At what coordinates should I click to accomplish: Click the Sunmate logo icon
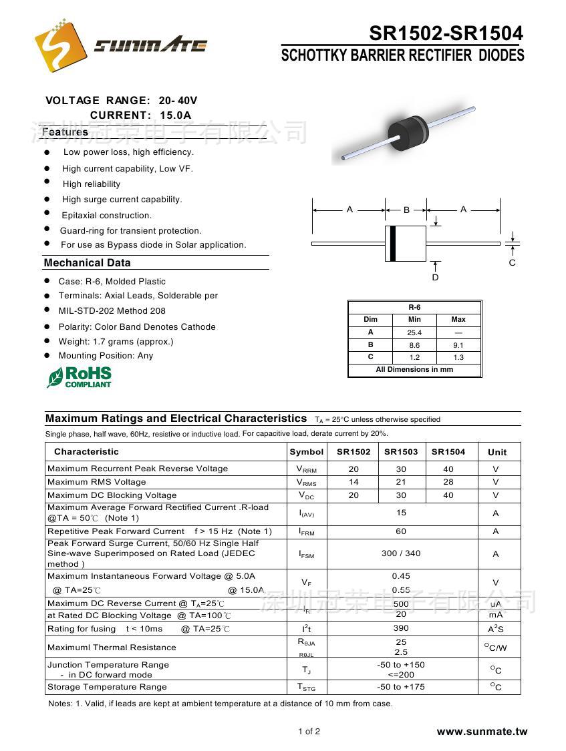coord(61,45)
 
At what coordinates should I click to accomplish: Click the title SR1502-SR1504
coord(446,33)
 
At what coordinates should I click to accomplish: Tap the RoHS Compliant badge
coord(80,377)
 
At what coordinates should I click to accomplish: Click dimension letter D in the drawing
coord(435,277)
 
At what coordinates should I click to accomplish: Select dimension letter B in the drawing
coord(406,210)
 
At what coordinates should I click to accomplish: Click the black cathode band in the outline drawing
coord(393,244)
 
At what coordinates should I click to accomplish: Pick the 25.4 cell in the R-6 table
coord(414,332)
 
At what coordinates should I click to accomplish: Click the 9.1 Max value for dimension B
coord(458,345)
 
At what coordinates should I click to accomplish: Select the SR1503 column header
coord(401,452)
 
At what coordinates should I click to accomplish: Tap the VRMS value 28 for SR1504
coord(448,482)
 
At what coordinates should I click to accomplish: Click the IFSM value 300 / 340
coord(401,553)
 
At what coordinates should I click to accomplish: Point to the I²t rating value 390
coord(401,628)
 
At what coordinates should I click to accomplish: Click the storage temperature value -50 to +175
coord(401,687)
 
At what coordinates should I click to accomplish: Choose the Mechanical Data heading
coord(88,263)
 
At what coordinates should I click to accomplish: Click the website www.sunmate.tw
coord(482,732)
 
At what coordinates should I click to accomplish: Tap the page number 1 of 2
coord(309,732)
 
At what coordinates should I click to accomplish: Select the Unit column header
coord(497,452)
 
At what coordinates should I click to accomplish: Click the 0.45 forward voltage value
coord(401,576)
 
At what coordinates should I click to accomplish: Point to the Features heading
coord(65,132)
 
